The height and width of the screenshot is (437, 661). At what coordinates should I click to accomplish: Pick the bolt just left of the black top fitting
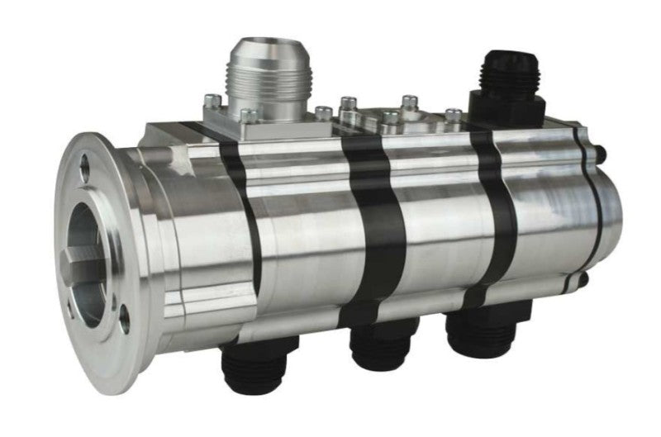(x=454, y=116)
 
